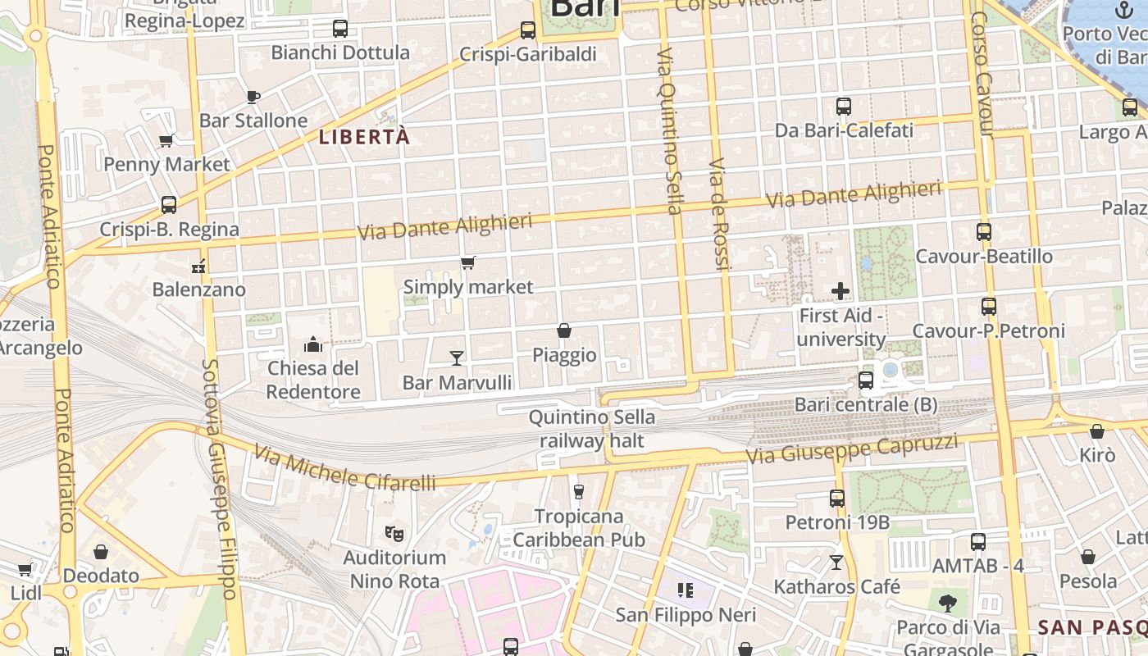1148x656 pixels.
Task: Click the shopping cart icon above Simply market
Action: click(x=467, y=263)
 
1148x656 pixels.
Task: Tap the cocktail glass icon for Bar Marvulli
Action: click(x=457, y=358)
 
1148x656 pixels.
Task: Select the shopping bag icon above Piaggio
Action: click(x=564, y=330)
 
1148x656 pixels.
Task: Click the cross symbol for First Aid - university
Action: click(x=840, y=291)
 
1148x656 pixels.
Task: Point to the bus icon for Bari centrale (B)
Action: click(x=866, y=380)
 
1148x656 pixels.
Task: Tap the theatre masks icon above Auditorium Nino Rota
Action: click(x=394, y=533)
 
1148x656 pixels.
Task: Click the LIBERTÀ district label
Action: click(x=364, y=137)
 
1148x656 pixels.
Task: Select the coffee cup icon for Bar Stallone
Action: click(x=253, y=97)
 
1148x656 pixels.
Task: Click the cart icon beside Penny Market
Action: click(x=166, y=141)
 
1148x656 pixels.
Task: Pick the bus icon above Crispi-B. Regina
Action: click(x=169, y=205)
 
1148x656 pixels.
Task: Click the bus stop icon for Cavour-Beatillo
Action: click(x=984, y=232)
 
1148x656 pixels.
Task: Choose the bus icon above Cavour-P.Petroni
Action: click(x=989, y=307)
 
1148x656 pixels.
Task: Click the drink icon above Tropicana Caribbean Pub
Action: click(x=579, y=492)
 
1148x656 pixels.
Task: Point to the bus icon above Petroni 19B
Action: click(x=837, y=499)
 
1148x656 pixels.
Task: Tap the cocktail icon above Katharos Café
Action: click(x=836, y=563)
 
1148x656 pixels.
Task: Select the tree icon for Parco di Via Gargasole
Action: click(x=948, y=604)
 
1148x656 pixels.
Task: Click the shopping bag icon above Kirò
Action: click(x=1097, y=431)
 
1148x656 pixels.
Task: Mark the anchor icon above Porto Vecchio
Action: click(x=1123, y=10)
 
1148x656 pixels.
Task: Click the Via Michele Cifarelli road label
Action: click(x=344, y=468)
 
